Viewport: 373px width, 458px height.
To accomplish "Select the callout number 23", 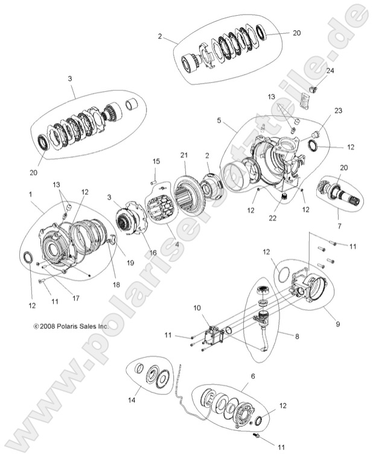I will coord(338,111).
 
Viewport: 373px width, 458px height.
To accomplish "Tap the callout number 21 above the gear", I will coord(184,156).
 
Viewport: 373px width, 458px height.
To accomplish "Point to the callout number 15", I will coord(156,161).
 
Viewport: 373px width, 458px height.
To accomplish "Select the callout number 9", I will coord(337,325).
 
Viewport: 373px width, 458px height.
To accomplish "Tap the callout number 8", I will coord(296,335).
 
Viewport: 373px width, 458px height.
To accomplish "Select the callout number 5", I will coord(218,120).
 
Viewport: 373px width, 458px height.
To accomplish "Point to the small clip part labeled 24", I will coord(313,91).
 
